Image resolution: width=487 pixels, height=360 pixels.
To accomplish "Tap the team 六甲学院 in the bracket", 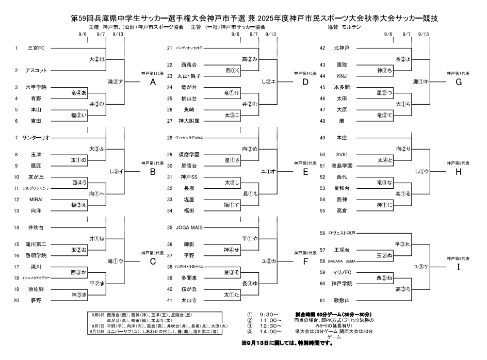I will tap(37, 87).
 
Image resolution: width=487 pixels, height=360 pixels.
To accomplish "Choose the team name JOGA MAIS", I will tap(193, 227).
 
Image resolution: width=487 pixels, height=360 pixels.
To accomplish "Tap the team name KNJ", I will tap(342, 76).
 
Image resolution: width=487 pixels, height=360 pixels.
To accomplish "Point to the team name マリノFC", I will tap(343, 272).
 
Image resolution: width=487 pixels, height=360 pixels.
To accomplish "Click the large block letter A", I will tap(153, 82).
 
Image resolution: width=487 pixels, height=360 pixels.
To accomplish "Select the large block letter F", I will tap(305, 261).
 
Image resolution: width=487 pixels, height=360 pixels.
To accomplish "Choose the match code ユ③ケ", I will tap(421, 267).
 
